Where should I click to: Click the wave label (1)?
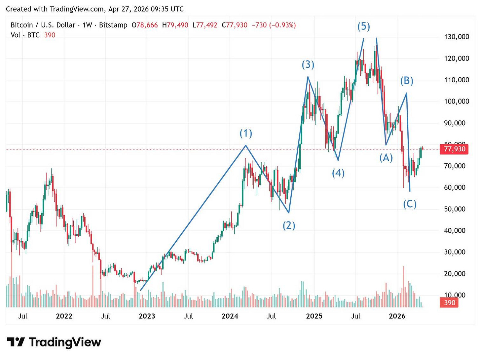click(246, 133)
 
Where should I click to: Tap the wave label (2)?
click(289, 225)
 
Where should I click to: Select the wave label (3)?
click(308, 64)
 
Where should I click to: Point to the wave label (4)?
click(338, 173)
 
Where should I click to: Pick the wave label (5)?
click(364, 26)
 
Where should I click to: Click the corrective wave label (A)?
click(386, 158)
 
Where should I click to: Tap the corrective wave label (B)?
click(407, 80)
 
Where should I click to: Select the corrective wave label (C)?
click(410, 204)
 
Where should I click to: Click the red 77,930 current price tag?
click(455, 149)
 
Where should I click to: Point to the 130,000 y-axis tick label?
click(456, 37)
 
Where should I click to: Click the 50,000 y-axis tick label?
click(456, 209)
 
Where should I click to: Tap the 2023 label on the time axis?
click(147, 316)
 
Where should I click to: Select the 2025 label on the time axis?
click(314, 316)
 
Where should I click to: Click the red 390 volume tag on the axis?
click(449, 302)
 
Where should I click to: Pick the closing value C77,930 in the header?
click(235, 25)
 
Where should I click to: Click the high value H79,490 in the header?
click(175, 25)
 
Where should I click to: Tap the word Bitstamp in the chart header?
click(113, 25)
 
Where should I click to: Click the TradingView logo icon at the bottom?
click(16, 342)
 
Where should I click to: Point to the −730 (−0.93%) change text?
click(274, 25)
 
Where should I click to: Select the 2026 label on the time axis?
click(397, 316)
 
